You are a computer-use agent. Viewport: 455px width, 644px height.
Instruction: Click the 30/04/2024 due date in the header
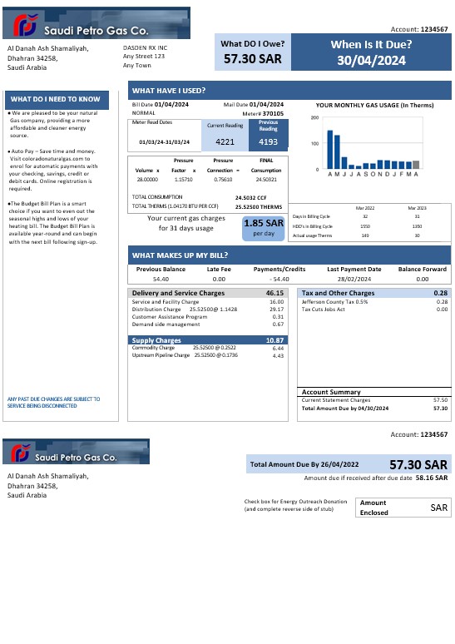tap(371, 61)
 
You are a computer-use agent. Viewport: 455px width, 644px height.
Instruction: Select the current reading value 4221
tap(224, 141)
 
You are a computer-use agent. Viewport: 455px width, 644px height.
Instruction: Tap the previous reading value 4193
tap(268, 141)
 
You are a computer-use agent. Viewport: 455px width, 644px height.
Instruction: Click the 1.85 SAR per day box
tap(264, 227)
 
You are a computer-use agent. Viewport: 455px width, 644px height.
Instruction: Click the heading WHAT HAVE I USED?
tap(169, 91)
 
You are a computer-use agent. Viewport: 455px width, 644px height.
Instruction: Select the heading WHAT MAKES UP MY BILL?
tap(180, 255)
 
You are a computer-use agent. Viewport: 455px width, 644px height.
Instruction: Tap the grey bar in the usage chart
tap(416, 164)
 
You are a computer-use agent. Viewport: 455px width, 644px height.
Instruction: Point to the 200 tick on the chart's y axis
tap(314, 117)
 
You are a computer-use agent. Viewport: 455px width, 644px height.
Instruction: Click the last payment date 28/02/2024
tap(354, 280)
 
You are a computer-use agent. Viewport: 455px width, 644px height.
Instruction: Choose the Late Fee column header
tap(219, 269)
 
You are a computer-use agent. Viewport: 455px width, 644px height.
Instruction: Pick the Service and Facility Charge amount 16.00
tap(276, 302)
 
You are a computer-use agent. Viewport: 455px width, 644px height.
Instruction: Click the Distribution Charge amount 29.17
tap(276, 310)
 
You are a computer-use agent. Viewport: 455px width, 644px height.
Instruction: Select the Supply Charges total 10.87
tap(274, 340)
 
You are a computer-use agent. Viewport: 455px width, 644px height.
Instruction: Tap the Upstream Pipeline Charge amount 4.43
tap(278, 355)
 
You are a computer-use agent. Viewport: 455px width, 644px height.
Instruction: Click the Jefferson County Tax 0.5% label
tap(334, 302)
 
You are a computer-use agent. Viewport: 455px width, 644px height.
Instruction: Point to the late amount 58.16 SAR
tap(432, 478)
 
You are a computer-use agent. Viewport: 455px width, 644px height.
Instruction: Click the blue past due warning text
tap(53, 402)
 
